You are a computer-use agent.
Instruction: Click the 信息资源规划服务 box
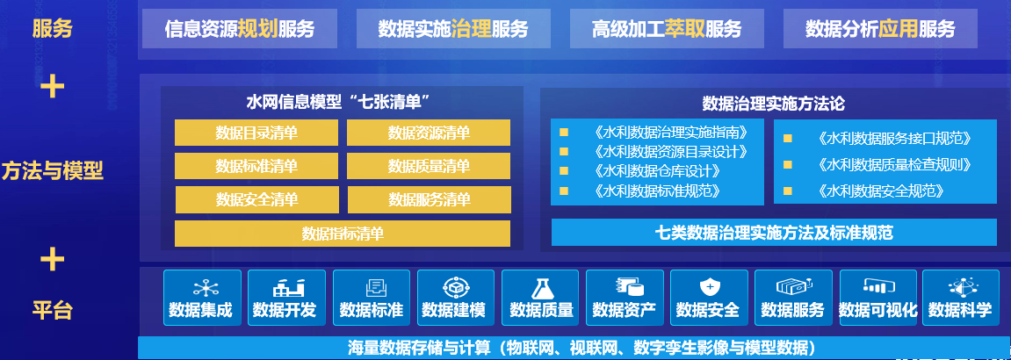tap(240, 29)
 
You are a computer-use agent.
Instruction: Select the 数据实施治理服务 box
tap(453, 29)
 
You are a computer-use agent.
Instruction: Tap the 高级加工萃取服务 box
tap(667, 29)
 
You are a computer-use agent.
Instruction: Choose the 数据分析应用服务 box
tap(880, 29)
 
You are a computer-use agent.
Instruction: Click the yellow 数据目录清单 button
tap(256, 133)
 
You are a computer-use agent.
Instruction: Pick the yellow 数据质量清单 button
tap(429, 166)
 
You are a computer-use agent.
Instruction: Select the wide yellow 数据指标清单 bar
tap(343, 234)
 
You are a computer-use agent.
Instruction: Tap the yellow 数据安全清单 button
tap(256, 199)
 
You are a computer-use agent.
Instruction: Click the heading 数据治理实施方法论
tap(773, 104)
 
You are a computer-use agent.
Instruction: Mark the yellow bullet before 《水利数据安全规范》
tap(788, 191)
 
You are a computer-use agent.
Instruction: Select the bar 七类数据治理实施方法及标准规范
tap(774, 233)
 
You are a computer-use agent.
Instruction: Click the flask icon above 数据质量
tap(541, 287)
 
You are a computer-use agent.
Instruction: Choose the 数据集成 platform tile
tap(202, 298)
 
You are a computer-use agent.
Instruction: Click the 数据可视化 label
tap(877, 310)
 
